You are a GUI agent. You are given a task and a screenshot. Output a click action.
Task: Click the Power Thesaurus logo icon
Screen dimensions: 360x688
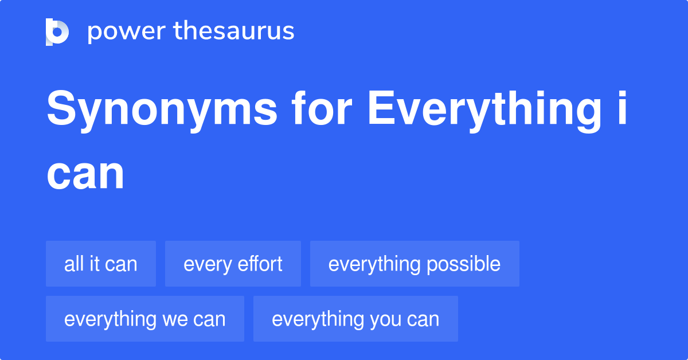57,32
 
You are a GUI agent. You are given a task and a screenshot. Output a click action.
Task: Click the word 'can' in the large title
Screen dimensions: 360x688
85,174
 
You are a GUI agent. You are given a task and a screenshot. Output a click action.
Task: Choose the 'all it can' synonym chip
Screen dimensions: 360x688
101,264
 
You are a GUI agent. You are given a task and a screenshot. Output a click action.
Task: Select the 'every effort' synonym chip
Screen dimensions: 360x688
233,264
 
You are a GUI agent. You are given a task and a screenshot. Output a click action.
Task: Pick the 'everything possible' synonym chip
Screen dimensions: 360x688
415,264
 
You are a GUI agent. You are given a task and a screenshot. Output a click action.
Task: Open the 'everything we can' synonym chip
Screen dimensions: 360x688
145,319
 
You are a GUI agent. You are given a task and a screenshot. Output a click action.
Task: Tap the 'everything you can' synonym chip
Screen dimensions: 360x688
355,319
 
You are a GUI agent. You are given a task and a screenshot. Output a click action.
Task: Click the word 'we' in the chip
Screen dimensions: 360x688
174,319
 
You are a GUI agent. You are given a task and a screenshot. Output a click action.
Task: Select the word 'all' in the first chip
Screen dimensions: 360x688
73,264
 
